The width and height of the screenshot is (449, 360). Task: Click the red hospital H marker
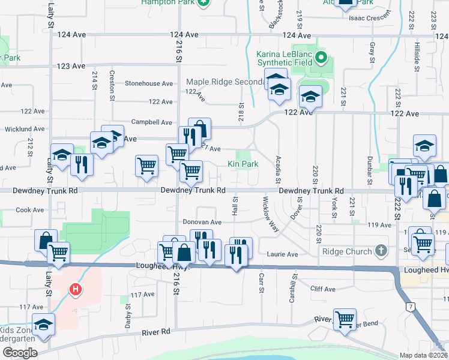click(75, 290)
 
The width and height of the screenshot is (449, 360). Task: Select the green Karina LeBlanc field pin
click(321, 58)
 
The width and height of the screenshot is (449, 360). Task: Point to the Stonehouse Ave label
click(149, 83)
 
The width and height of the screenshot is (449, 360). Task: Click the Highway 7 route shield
click(410, 308)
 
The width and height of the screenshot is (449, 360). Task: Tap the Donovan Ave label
click(202, 222)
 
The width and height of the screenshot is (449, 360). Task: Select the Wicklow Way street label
click(270, 214)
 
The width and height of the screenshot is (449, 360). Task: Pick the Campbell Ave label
click(152, 122)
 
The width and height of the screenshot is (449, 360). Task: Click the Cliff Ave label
click(322, 289)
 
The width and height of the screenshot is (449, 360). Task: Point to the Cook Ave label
click(30, 210)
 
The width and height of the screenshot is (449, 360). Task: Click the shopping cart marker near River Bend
click(345, 319)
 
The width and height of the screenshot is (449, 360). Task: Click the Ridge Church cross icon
click(380, 250)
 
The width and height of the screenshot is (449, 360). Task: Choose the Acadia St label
click(278, 167)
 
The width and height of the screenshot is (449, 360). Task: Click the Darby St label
click(128, 316)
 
